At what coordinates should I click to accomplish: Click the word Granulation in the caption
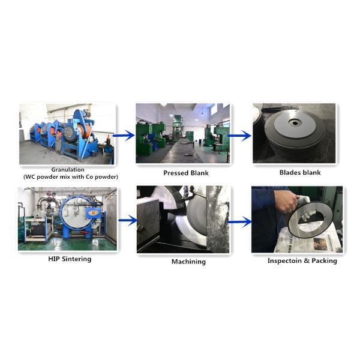point(67,170)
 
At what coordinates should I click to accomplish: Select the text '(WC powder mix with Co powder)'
point(67,177)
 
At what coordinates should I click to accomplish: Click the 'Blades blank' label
point(300,172)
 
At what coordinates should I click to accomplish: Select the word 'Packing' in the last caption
point(324,260)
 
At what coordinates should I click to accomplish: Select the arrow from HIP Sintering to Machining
point(127,221)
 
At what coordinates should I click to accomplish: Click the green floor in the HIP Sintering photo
point(66,244)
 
